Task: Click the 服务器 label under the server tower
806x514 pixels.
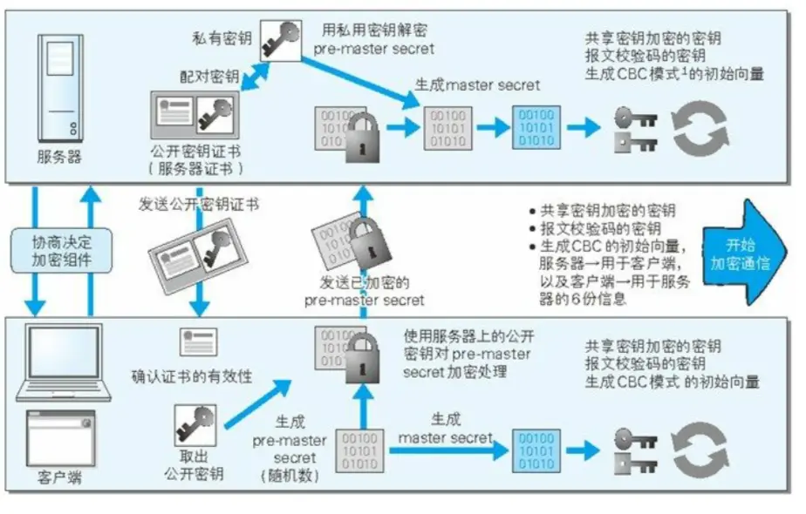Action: click(58, 157)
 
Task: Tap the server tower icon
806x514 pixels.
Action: click(58, 87)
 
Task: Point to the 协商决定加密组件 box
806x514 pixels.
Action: click(61, 251)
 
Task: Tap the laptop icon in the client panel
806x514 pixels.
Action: click(61, 357)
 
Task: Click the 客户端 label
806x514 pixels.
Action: click(59, 477)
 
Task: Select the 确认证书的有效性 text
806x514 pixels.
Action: click(192, 376)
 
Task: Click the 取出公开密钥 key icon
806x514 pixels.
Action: click(195, 427)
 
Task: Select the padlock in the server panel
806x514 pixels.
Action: click(360, 135)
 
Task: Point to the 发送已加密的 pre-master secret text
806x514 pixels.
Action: click(365, 292)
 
